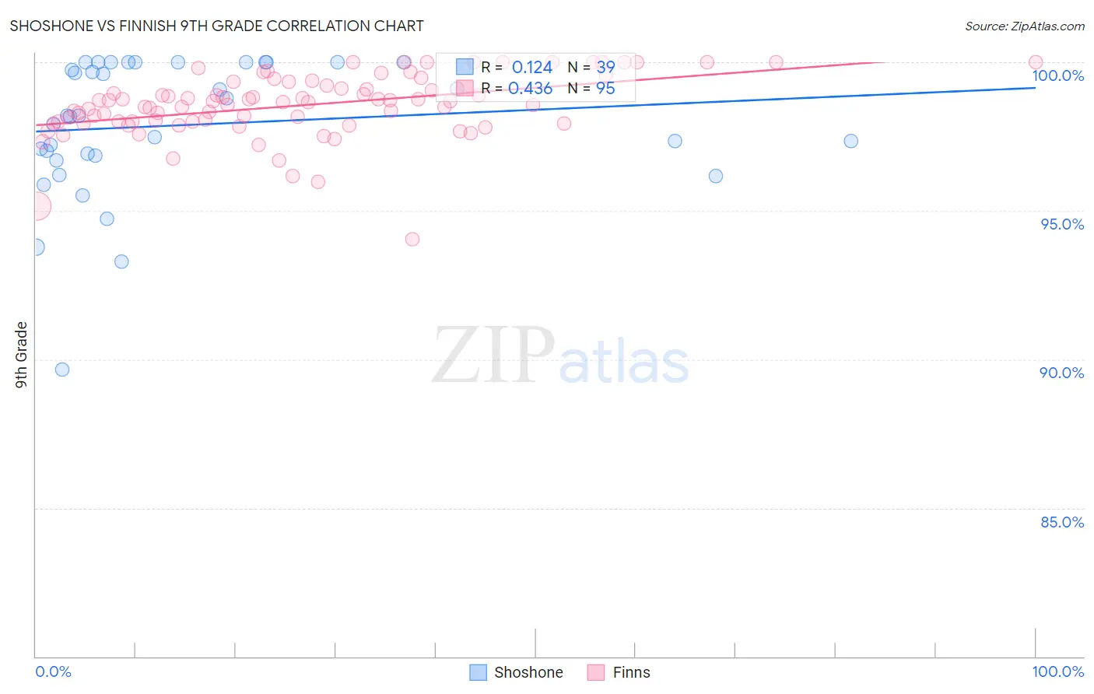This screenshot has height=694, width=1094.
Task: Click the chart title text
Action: (216, 26)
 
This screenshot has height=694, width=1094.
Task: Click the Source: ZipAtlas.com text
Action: (1024, 26)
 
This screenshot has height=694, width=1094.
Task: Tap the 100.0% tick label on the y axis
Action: (1057, 75)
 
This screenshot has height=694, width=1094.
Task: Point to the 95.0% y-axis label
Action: (1062, 224)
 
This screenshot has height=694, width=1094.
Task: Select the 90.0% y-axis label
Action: (1061, 373)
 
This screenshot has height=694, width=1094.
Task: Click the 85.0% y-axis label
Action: (1062, 522)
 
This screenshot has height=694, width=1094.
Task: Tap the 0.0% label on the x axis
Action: (53, 671)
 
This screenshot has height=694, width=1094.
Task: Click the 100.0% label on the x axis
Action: (1057, 671)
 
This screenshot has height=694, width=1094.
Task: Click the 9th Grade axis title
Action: (21, 355)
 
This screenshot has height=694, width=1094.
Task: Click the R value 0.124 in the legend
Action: (531, 68)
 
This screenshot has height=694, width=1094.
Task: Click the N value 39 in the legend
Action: (605, 68)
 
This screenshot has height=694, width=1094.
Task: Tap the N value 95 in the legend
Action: (605, 89)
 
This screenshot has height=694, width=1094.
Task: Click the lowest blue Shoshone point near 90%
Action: (62, 370)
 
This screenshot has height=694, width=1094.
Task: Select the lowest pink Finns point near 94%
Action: (412, 239)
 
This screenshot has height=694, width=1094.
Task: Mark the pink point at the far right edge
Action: (1036, 62)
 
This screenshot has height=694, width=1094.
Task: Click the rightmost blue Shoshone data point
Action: (851, 141)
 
